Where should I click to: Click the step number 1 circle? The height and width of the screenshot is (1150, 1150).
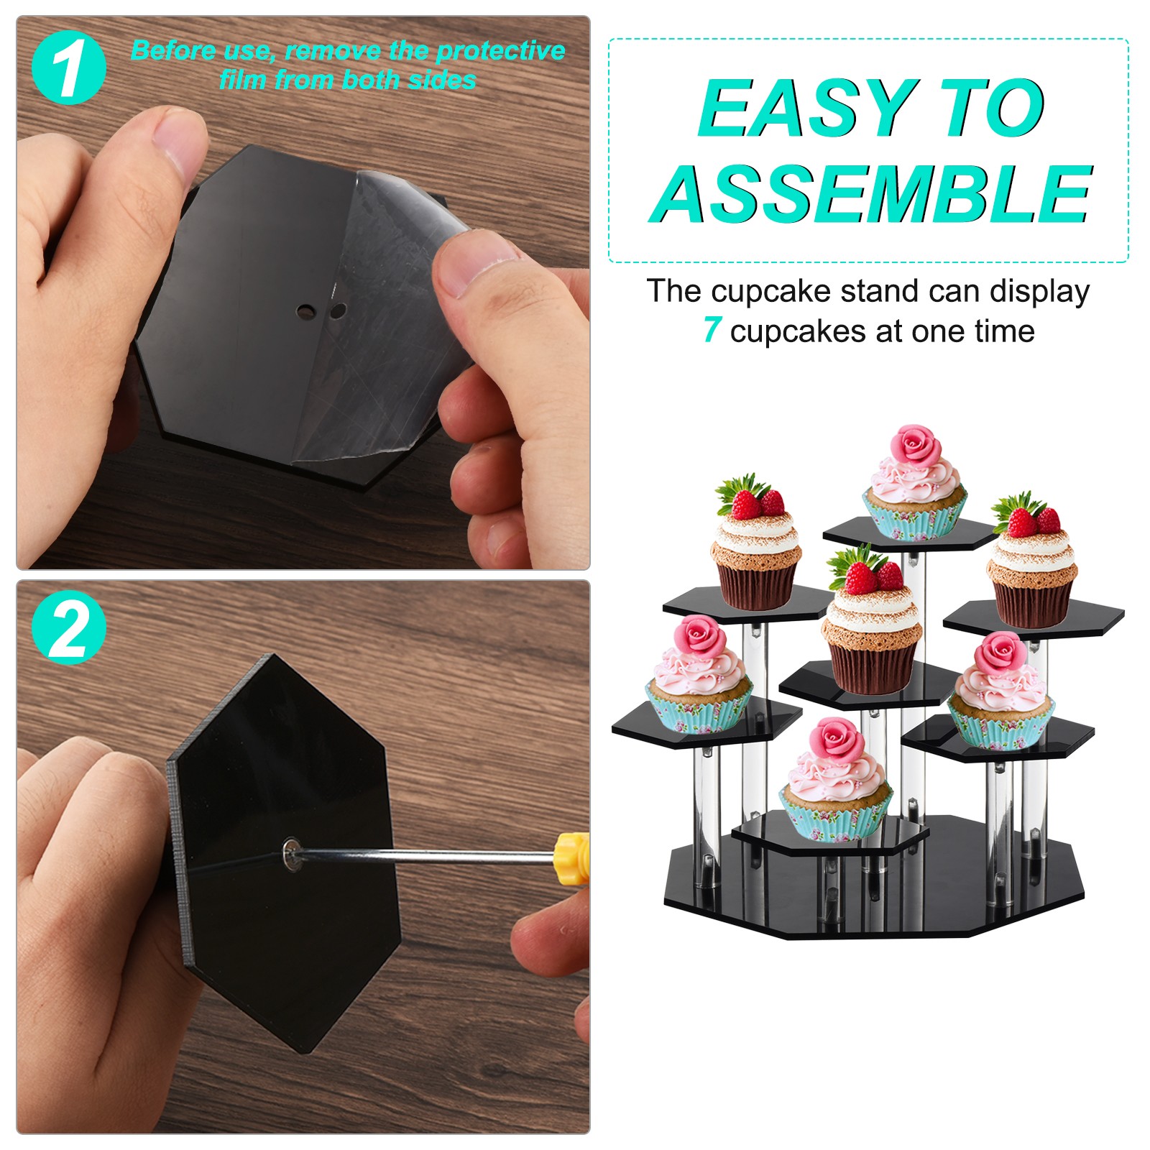[x=69, y=68]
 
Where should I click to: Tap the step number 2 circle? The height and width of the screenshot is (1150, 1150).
[x=69, y=627]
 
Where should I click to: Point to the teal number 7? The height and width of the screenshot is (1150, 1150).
[x=712, y=330]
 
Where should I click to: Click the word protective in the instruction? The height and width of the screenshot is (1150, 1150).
[x=500, y=51]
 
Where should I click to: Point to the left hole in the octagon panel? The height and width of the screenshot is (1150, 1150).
[x=305, y=313]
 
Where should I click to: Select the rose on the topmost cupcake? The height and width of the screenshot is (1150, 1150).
[x=915, y=444]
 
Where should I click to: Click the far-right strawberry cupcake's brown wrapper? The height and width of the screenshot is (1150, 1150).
[x=1031, y=600]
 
